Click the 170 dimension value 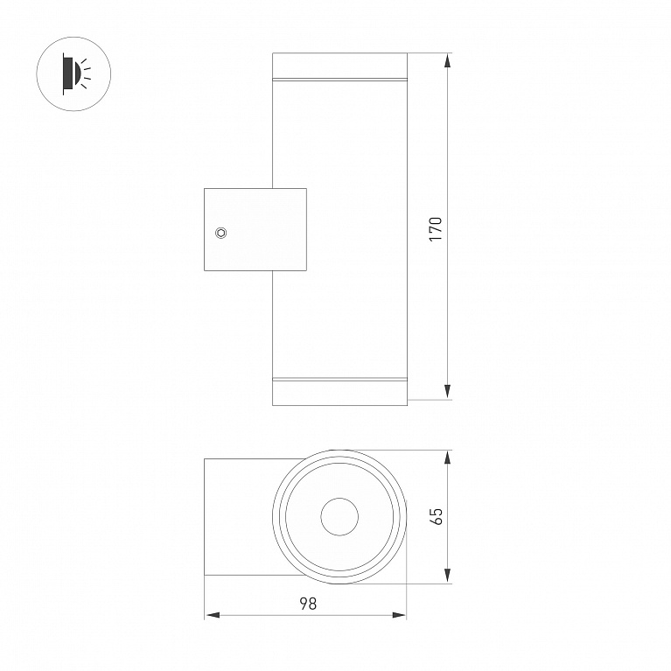click(436, 229)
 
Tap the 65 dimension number click(437, 516)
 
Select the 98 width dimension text click(308, 604)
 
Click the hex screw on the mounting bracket click(220, 233)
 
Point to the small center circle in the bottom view click(339, 516)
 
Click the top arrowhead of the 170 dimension click(447, 60)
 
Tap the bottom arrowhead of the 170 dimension click(447, 392)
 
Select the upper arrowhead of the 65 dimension click(447, 458)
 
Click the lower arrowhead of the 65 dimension click(447, 576)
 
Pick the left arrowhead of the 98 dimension click(213, 615)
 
